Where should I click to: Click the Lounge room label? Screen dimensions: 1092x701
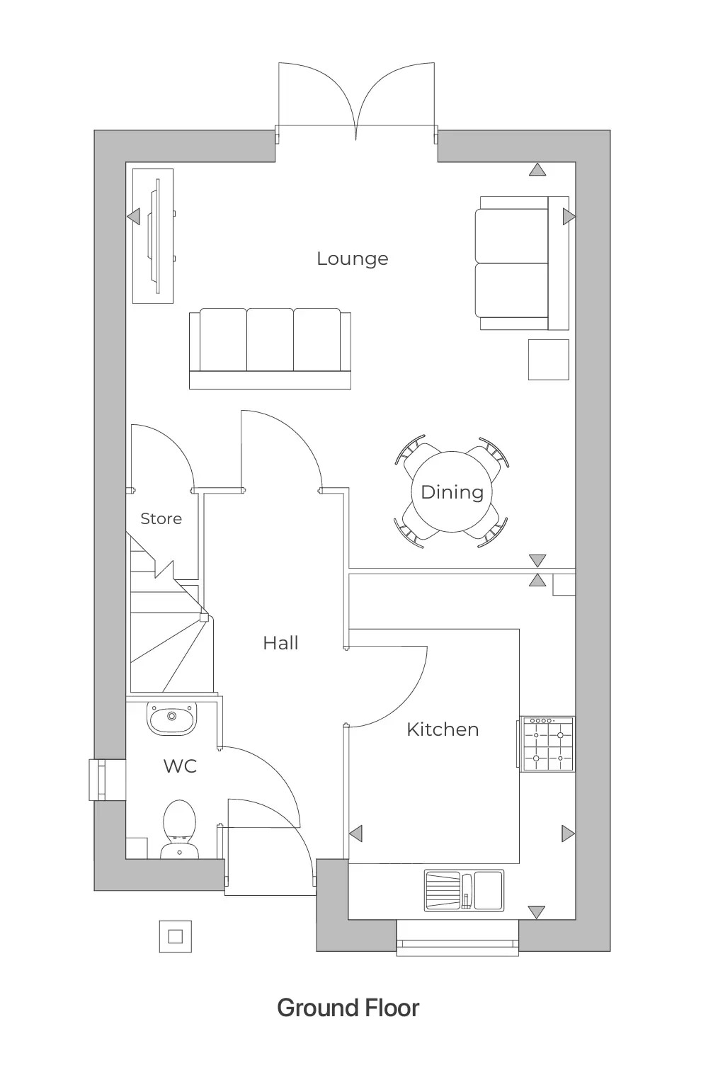[x=352, y=258]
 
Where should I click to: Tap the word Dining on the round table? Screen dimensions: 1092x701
[x=452, y=492]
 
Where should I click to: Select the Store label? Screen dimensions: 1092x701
[x=161, y=518]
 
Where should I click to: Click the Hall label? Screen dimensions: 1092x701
[x=280, y=643]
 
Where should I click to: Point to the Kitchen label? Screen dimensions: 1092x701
[x=443, y=729]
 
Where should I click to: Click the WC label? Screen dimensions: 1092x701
[x=180, y=766]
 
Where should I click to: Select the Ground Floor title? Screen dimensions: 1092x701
[x=348, y=1008]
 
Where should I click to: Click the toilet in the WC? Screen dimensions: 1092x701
[x=179, y=827]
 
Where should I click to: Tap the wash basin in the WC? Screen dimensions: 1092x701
[x=171, y=719]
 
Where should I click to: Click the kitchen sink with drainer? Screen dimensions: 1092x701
[x=464, y=890]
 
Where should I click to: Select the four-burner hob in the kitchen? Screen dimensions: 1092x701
[x=547, y=744]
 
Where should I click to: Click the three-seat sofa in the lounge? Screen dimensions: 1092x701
[x=270, y=348]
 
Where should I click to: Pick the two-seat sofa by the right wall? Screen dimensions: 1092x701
[x=523, y=263]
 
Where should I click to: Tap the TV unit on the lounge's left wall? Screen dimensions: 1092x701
[x=154, y=236]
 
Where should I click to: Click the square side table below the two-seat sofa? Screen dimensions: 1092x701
[x=549, y=360]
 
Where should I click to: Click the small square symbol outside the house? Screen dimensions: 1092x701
[x=175, y=937]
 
